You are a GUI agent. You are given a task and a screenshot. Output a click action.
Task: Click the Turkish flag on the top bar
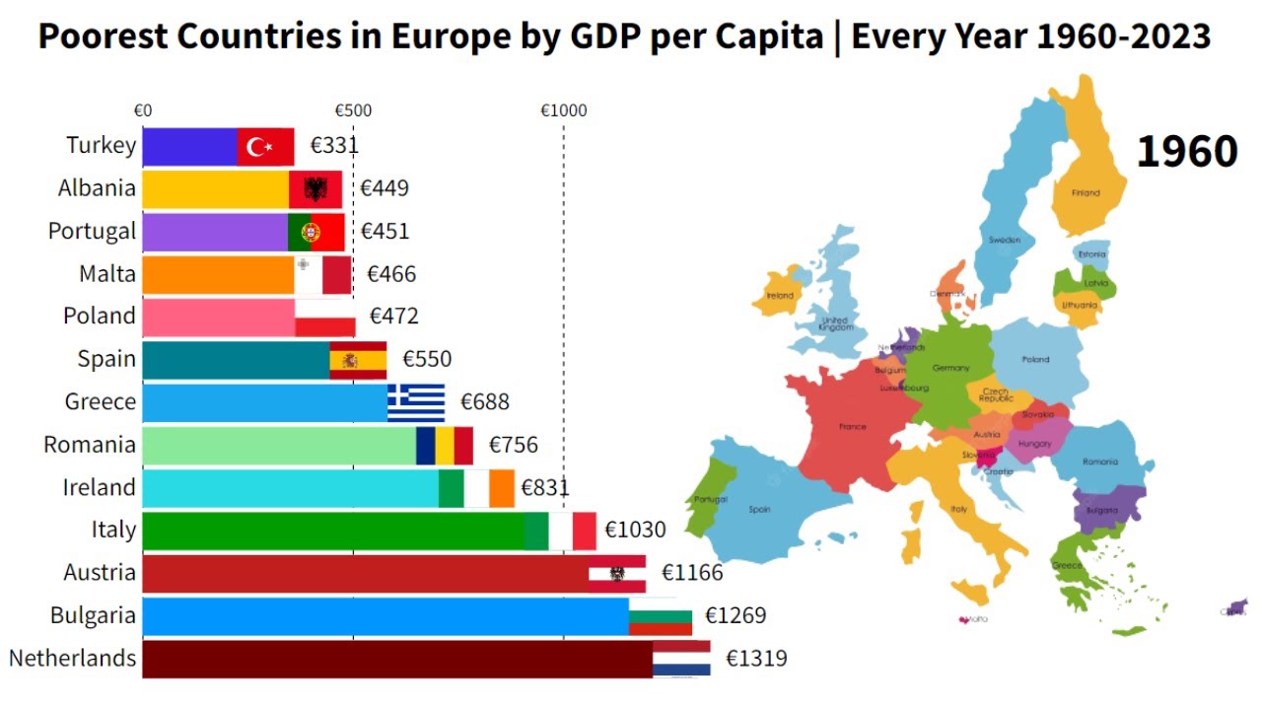point(265,147)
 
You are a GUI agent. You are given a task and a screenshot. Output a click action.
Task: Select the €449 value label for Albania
point(384,188)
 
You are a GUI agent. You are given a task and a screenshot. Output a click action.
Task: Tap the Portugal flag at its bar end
point(315,233)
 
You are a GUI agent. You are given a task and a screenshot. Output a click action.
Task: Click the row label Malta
point(107,273)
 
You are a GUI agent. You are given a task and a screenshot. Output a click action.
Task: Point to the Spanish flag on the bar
point(358,360)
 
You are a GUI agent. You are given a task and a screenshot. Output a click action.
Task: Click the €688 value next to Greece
point(484,402)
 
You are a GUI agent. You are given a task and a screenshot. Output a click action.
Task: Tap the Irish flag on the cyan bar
point(476,488)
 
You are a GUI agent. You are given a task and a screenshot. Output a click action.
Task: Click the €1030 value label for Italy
point(635,531)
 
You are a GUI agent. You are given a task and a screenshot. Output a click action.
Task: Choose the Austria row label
point(100,572)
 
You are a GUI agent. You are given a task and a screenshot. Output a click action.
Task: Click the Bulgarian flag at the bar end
point(661,616)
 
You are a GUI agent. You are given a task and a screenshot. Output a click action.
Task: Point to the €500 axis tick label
point(353,110)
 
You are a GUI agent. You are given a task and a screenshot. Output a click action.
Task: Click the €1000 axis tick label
point(563,110)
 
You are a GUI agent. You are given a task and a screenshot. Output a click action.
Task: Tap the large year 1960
point(1186,152)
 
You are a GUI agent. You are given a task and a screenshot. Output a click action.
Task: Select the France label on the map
point(852,426)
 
